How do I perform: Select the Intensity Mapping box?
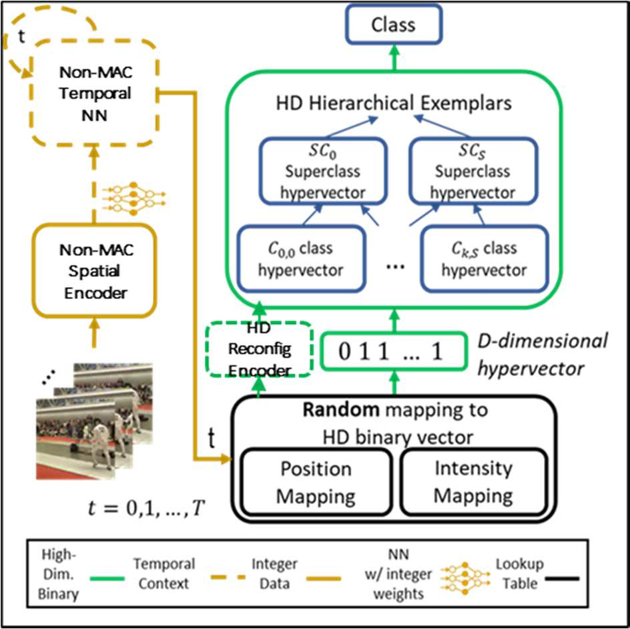(x=473, y=482)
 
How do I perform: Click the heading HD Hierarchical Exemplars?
(x=392, y=103)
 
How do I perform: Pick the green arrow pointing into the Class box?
(x=392, y=59)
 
